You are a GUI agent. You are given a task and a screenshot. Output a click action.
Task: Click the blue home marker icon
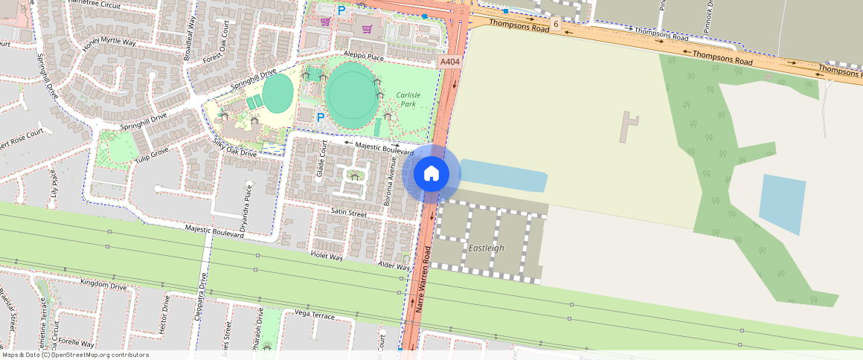[x=431, y=174]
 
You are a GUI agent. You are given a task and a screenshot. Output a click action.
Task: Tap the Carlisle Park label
[x=408, y=100]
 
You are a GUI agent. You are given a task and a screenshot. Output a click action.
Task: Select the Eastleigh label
[x=487, y=248]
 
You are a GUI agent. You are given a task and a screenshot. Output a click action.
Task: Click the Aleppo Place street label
[x=363, y=57]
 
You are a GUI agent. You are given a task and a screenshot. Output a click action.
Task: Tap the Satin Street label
[x=348, y=213]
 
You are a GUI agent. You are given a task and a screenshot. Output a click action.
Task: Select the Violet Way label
[x=327, y=256]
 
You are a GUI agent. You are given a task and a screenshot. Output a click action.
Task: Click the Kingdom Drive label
[x=103, y=284]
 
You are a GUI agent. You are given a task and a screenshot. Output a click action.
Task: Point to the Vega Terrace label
[x=315, y=315]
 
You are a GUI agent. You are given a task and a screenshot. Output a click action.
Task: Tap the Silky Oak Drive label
[x=234, y=147]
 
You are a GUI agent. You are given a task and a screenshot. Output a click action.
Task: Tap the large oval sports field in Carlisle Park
[x=350, y=94]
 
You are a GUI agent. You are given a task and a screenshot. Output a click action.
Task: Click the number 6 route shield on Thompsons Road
[x=555, y=25]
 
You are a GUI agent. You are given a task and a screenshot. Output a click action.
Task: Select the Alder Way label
[x=394, y=266]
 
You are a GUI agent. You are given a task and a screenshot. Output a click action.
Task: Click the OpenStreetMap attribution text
[x=74, y=355]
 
